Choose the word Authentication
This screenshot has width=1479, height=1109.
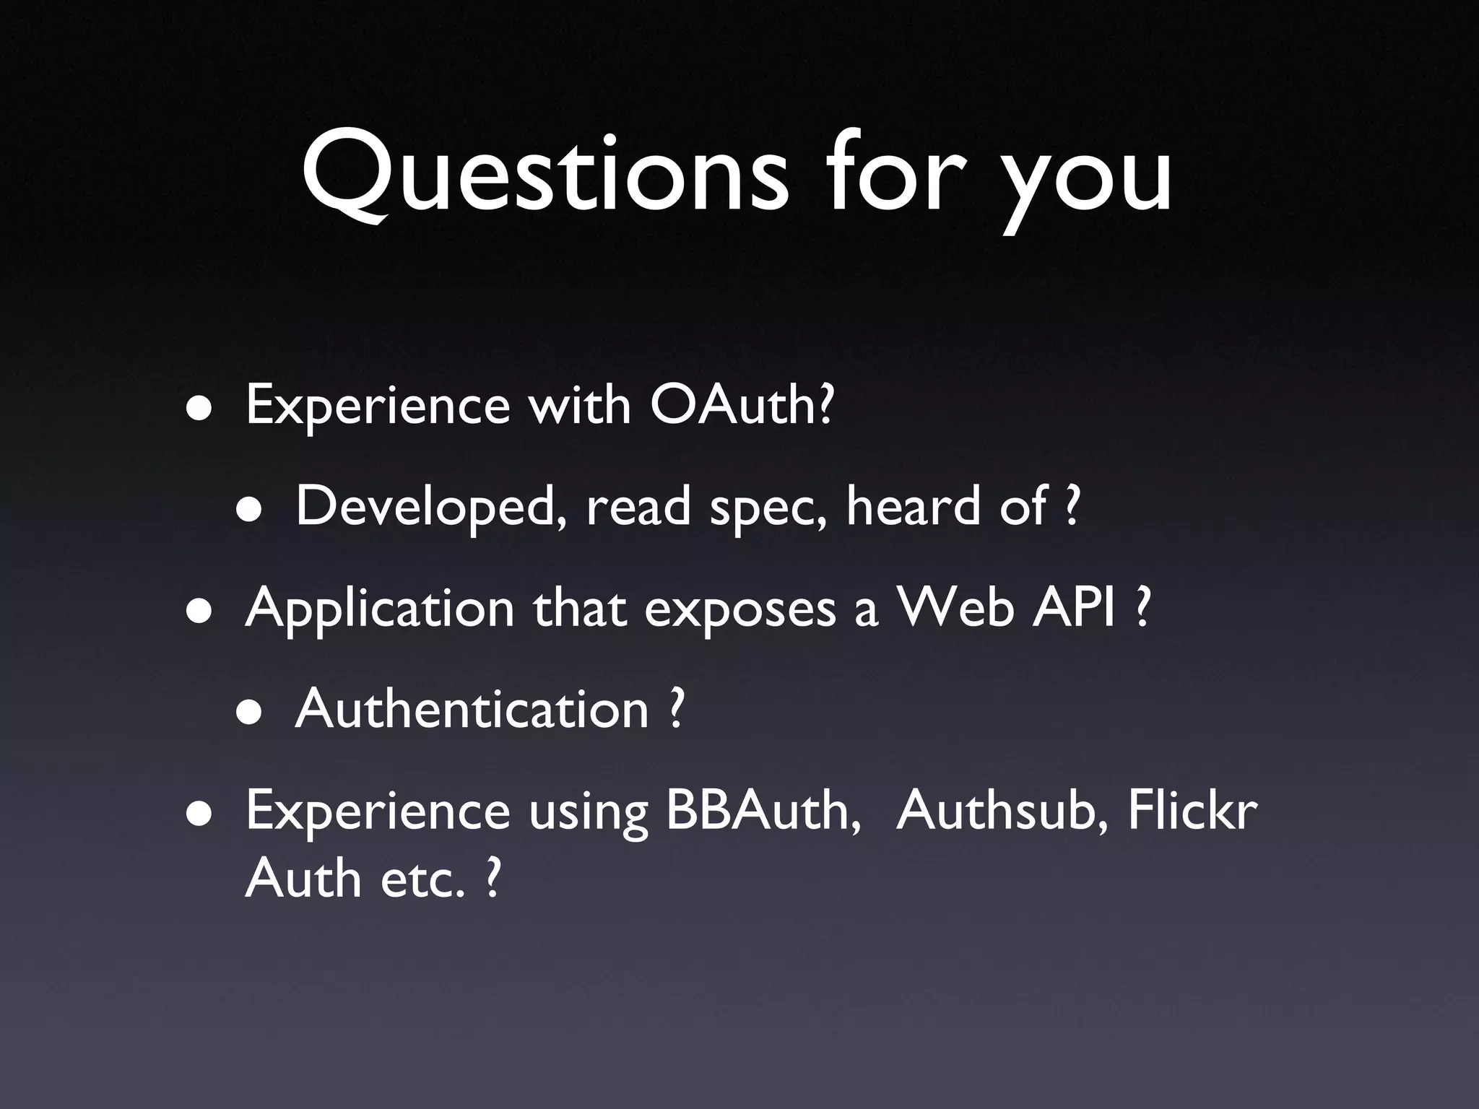[472, 709]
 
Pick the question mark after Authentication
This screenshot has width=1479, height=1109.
[675, 709]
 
